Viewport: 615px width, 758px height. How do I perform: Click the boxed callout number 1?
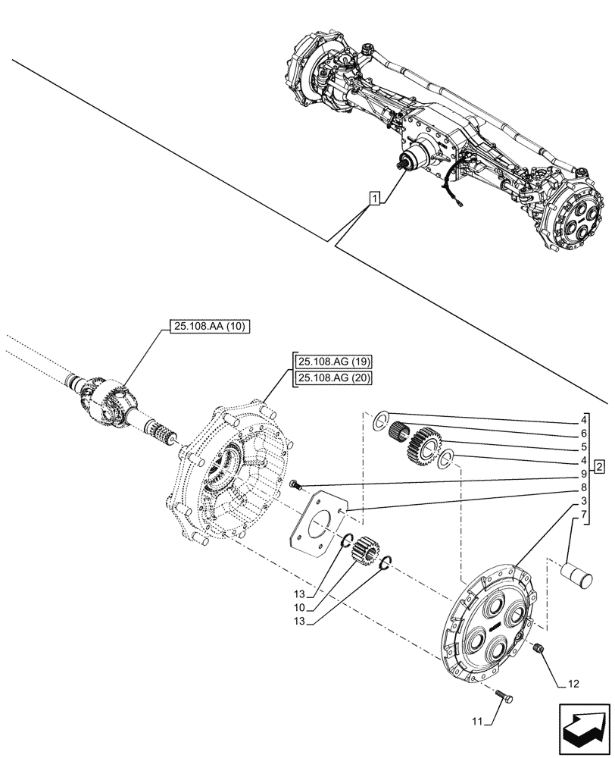click(374, 199)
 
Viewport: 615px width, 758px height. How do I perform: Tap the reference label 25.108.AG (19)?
click(329, 362)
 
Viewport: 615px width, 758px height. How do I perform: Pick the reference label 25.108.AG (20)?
click(329, 378)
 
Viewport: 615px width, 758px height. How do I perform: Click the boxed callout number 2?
click(598, 465)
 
